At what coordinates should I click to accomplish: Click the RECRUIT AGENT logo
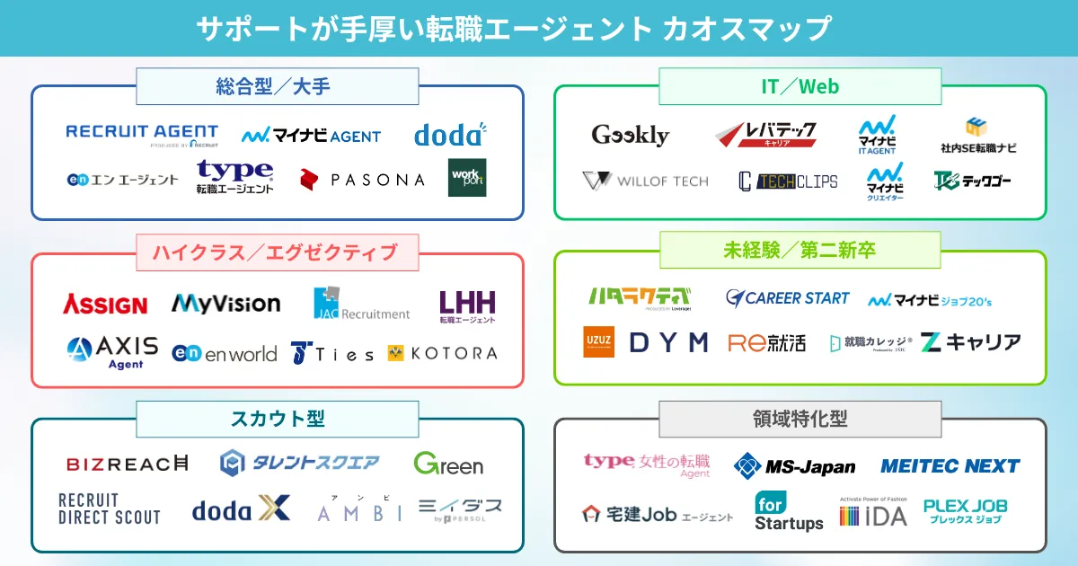pos(142,134)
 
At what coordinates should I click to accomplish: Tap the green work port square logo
pos(467,177)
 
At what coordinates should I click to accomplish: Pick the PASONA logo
pos(362,180)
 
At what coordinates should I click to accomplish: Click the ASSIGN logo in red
pos(105,305)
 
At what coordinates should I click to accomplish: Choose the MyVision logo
pos(225,304)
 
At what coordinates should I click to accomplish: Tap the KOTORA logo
pos(442,353)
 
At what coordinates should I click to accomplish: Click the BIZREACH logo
pos(128,464)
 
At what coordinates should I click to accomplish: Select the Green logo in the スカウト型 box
pos(448,464)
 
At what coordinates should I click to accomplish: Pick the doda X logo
pos(241,509)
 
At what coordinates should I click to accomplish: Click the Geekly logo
pos(631,135)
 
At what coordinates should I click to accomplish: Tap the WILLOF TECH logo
pos(645,181)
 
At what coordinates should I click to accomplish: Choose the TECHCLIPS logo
pos(788,181)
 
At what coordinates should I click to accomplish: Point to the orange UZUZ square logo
pos(599,341)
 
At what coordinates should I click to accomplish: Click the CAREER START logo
pos(787,297)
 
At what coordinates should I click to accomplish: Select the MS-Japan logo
pos(794,465)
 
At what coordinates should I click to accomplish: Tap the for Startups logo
pos(789,511)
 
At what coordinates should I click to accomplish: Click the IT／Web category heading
pos(800,86)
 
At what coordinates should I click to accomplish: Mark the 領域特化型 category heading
pos(800,419)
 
